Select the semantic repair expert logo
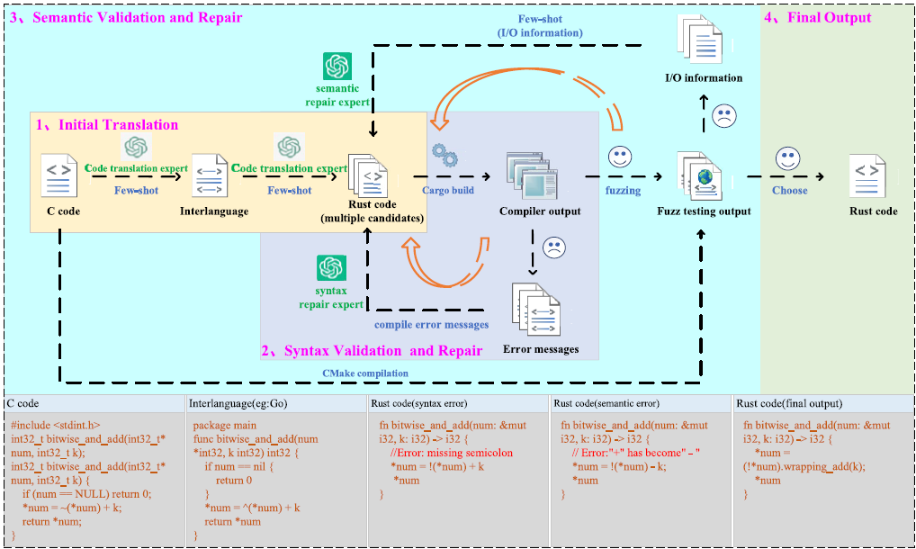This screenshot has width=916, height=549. tap(337, 67)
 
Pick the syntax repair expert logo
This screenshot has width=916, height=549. tap(331, 268)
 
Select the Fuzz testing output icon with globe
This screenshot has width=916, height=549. tap(703, 176)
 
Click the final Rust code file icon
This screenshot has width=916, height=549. tap(867, 175)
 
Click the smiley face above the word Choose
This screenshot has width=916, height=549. tap(789, 159)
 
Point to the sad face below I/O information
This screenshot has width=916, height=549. tap(723, 115)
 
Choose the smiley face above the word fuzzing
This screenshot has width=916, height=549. tap(620, 157)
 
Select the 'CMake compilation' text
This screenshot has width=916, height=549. tap(365, 373)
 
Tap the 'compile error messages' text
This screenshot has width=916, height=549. tap(432, 325)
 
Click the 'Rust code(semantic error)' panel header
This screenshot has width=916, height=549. tap(606, 403)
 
